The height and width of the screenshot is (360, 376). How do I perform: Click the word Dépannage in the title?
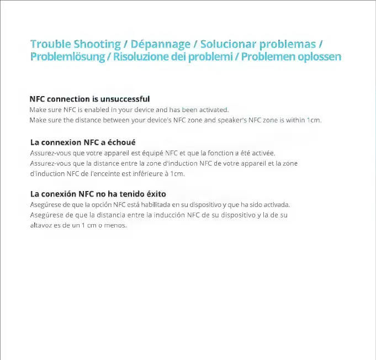[161, 44]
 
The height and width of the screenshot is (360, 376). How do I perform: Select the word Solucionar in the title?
[228, 44]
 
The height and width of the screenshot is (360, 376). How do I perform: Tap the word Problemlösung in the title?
[68, 56]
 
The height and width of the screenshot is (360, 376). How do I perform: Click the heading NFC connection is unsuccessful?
[89, 99]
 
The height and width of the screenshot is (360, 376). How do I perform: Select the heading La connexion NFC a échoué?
[83, 142]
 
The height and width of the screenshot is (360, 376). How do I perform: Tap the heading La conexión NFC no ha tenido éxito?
[98, 194]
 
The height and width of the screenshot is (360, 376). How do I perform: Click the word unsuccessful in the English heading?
[124, 99]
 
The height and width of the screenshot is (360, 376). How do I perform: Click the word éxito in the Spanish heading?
[155, 194]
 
